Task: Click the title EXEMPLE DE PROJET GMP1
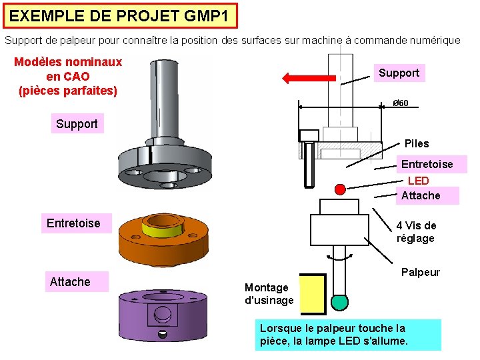point(119,15)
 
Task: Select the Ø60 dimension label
point(400,103)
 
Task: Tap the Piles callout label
point(417,143)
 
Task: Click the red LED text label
point(418,181)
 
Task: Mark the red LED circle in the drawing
point(340,189)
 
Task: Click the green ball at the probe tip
point(340,302)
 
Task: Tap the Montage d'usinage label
point(269,294)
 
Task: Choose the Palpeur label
point(420,272)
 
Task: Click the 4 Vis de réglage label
point(416,232)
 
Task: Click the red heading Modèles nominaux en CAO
point(68,76)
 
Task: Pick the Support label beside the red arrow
point(399,73)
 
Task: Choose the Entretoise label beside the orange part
point(73,223)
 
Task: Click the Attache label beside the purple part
point(70,282)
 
